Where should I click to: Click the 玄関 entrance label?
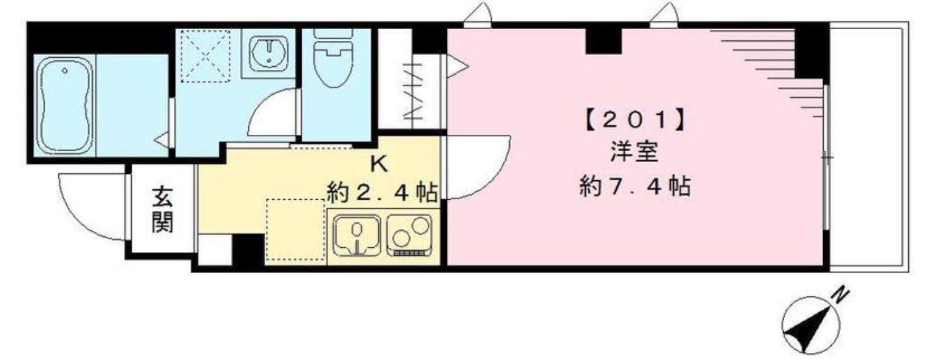[162, 209]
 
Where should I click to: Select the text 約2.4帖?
[381, 192]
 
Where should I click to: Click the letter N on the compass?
[840, 296]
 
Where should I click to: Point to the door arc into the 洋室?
[477, 165]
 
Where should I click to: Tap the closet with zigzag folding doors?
[411, 91]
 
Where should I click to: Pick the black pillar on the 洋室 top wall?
[603, 42]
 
